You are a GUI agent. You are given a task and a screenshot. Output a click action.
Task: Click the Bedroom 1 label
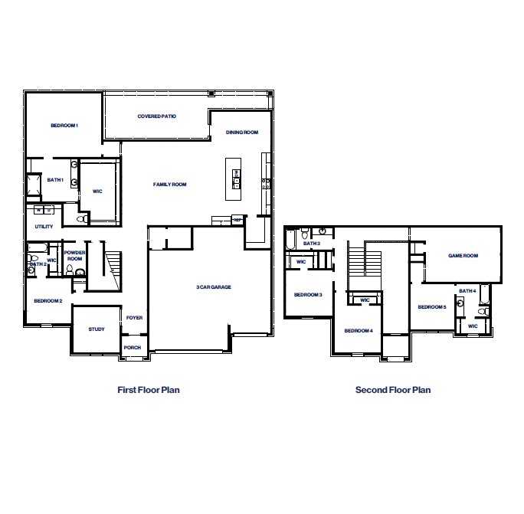tap(65, 125)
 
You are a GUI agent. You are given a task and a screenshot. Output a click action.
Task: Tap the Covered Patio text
tap(157, 116)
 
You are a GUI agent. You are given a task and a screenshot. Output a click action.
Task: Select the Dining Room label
tap(242, 133)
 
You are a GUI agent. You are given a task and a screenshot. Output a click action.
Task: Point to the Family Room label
tap(170, 185)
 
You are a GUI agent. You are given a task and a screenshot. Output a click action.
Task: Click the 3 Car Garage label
tap(214, 287)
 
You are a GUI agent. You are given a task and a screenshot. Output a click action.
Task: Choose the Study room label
tap(97, 329)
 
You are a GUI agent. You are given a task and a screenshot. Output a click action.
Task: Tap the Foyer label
tap(135, 318)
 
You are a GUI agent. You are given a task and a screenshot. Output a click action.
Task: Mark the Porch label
tap(133, 347)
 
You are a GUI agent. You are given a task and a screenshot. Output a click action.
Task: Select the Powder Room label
tap(74, 256)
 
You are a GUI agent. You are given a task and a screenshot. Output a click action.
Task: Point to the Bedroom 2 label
tap(48, 301)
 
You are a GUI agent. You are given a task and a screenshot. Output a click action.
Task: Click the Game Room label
tap(463, 256)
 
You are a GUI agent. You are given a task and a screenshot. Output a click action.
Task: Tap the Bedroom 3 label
tap(309, 295)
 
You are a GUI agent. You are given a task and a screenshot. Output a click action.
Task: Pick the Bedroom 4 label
tap(359, 331)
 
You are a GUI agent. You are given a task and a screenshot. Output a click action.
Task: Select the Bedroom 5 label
tap(432, 307)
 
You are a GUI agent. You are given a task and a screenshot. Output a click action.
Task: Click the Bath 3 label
tap(312, 244)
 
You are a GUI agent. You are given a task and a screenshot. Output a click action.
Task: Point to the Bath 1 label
tap(55, 180)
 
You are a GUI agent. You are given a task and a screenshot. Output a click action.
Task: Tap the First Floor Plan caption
tap(149, 390)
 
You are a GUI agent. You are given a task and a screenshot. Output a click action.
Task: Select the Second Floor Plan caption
tap(393, 390)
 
